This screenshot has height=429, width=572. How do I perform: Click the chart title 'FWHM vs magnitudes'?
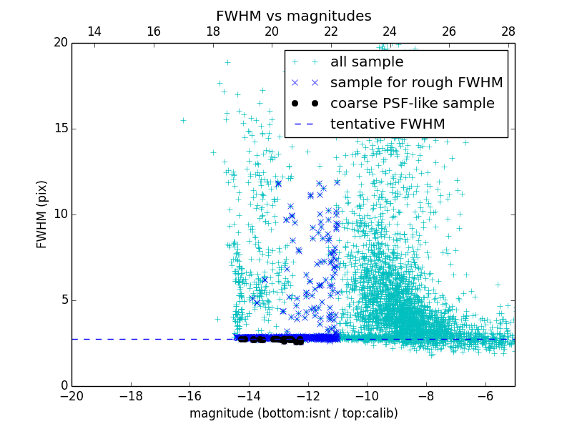tap(293, 16)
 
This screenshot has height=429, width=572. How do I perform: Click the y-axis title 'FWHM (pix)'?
tap(41, 214)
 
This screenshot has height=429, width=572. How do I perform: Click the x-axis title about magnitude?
tap(293, 413)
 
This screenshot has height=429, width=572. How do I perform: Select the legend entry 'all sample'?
tap(366, 62)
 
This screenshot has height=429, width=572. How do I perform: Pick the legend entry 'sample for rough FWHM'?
tap(416, 83)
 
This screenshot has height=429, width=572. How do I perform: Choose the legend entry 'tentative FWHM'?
tap(388, 124)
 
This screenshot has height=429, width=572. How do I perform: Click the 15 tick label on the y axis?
tap(60, 129)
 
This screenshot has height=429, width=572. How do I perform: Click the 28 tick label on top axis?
tap(508, 32)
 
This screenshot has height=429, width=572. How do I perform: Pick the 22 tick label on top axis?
tap(331, 32)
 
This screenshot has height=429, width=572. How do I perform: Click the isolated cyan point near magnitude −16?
tap(183, 120)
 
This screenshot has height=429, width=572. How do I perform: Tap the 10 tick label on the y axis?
tap(60, 214)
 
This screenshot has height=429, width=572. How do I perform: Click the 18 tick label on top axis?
tap(212, 32)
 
